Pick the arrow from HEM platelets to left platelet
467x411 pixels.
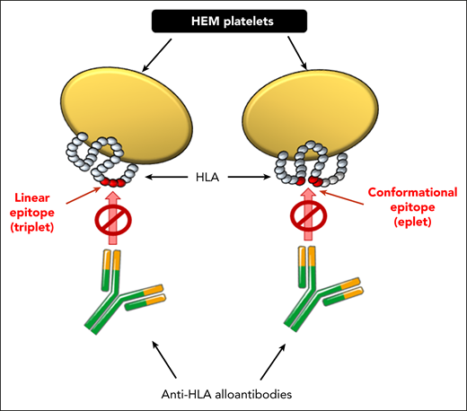coord(162,57)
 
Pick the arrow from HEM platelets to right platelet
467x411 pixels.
coord(304,57)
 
